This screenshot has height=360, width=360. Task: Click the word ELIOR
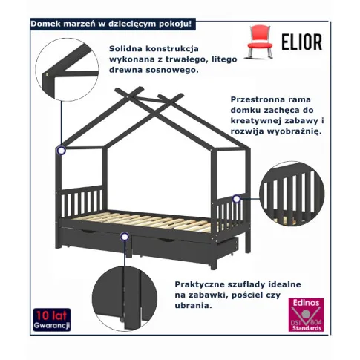tap(302, 42)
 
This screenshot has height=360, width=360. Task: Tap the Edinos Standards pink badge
tap(306, 315)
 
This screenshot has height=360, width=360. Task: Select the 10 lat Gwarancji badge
tap(52, 319)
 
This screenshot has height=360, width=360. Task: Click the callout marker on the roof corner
tap(61, 150)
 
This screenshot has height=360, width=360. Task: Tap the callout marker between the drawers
tap(125, 237)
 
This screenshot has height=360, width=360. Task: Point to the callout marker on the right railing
tap(237, 199)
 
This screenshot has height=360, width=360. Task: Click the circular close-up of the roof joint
tap(67, 70)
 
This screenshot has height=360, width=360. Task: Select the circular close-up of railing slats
tap(292, 194)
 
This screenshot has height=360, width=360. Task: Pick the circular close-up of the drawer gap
tap(125, 298)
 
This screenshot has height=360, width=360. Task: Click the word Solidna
tap(125, 48)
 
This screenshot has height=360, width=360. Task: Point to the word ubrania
tap(194, 306)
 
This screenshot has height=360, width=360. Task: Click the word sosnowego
tap(172, 70)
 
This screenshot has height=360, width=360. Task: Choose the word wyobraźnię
tap(294, 131)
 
